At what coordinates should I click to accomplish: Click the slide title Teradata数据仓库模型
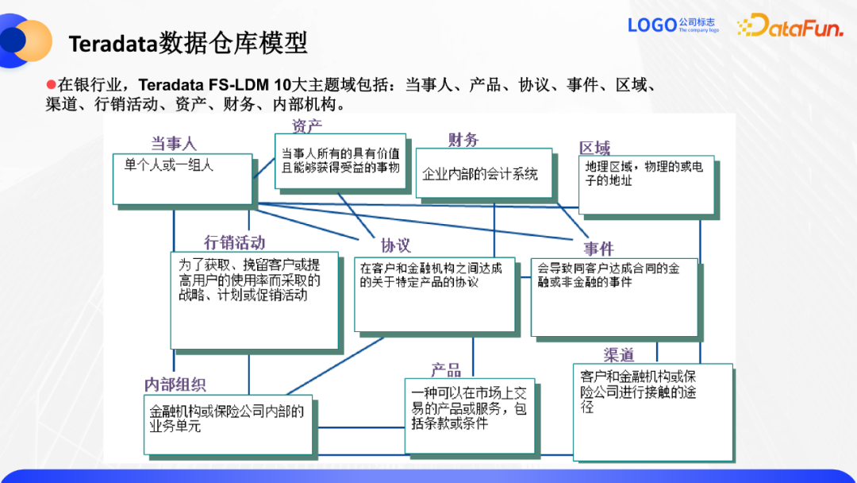point(188,42)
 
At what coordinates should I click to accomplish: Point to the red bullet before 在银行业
point(52,84)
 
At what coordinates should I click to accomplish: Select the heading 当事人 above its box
point(174,143)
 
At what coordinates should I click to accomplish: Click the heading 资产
point(307,126)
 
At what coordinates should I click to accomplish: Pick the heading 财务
point(463,140)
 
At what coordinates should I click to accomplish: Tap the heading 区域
point(595,148)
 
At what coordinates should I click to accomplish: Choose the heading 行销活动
point(234,242)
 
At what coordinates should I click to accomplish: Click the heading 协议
point(395,245)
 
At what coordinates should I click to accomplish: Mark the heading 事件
point(599,249)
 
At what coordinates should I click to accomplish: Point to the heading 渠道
point(619,354)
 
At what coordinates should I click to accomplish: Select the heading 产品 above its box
point(446,369)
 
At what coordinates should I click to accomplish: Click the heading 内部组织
point(175,384)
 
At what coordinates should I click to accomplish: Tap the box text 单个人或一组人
point(169,165)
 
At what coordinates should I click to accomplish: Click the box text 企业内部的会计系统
point(480,173)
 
